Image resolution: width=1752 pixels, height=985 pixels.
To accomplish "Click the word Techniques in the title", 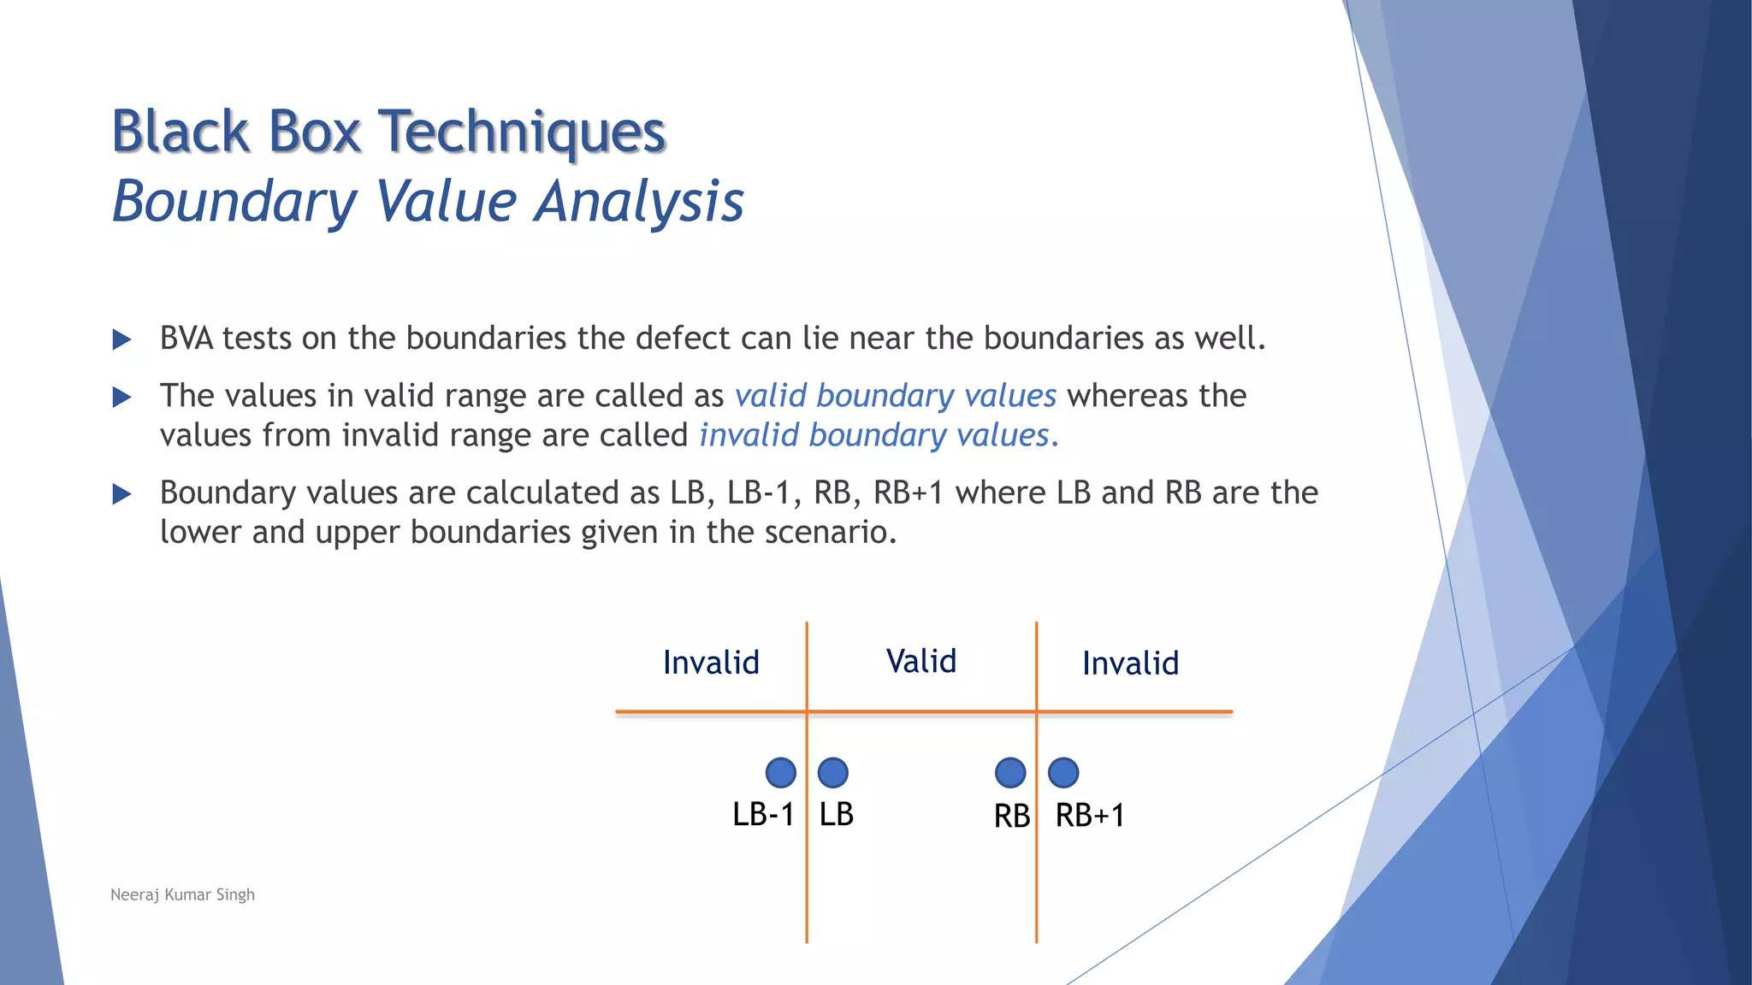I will [x=522, y=133].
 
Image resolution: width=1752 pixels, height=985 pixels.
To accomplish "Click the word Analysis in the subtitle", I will [x=639, y=202].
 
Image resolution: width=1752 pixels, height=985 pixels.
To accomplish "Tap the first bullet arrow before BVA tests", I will [x=122, y=339].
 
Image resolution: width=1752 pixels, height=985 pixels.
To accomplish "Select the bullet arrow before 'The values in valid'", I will [x=122, y=397].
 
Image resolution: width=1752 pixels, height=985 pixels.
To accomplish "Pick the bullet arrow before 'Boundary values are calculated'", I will [x=122, y=493].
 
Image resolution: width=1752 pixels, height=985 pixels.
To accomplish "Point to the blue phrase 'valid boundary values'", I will [x=896, y=396].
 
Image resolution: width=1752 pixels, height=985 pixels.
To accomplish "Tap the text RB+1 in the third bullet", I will [x=908, y=492].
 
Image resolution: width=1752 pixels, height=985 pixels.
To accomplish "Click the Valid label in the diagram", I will [x=921, y=661].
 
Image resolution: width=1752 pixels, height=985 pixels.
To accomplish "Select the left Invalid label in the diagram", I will [x=711, y=663].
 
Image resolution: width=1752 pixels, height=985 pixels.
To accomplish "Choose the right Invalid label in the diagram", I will [x=1130, y=664].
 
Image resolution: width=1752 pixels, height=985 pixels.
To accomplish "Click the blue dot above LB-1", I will [x=780, y=772].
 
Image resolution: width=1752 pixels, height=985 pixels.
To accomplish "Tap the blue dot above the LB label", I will [x=832, y=772].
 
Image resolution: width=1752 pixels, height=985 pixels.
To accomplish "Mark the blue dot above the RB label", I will [x=1010, y=772].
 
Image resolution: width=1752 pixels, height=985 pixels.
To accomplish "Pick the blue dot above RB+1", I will [x=1062, y=772].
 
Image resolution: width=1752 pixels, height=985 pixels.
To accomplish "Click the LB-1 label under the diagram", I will [x=763, y=814].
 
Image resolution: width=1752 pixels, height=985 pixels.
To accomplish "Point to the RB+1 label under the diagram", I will [x=1089, y=815].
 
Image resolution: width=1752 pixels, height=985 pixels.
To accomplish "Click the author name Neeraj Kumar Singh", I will [x=182, y=894].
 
